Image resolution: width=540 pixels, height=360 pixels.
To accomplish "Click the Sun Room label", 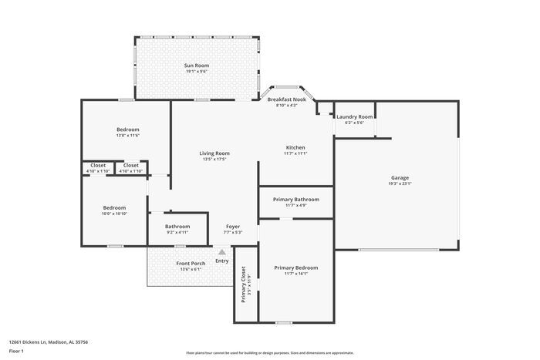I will pos(197,66).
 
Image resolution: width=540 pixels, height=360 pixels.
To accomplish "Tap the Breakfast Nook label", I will pos(287,99).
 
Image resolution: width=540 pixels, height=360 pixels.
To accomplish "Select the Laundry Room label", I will pos(355,116).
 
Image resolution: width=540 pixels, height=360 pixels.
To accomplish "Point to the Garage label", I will pos(400,178).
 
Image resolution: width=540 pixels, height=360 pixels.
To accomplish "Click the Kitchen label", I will pos(295,147).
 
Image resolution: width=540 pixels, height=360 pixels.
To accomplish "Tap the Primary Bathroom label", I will pos(296,200).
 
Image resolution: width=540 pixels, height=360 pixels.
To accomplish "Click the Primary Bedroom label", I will pos(296,267).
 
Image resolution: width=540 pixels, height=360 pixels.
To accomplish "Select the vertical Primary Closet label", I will pos(243,284).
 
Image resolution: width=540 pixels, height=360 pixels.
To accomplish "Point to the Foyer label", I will pos(233,227).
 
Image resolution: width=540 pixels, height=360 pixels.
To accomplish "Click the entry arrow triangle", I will pos(222,252).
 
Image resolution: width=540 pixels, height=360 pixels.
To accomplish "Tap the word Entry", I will pos(222,261).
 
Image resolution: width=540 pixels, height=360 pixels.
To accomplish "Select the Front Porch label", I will pos(191,264).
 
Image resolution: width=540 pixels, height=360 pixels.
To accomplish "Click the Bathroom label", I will pos(177,227).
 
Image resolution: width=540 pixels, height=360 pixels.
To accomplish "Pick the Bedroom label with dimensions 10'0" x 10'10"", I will pos(115,207).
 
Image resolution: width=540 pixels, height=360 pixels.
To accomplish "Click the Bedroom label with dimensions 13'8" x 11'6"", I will pos(128,130).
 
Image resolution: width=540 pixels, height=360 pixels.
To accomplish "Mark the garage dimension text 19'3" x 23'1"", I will pos(400,183).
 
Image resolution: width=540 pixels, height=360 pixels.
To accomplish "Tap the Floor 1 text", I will pos(17,352).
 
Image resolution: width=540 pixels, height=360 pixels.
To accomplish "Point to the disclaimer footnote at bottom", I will pos(270,352).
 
